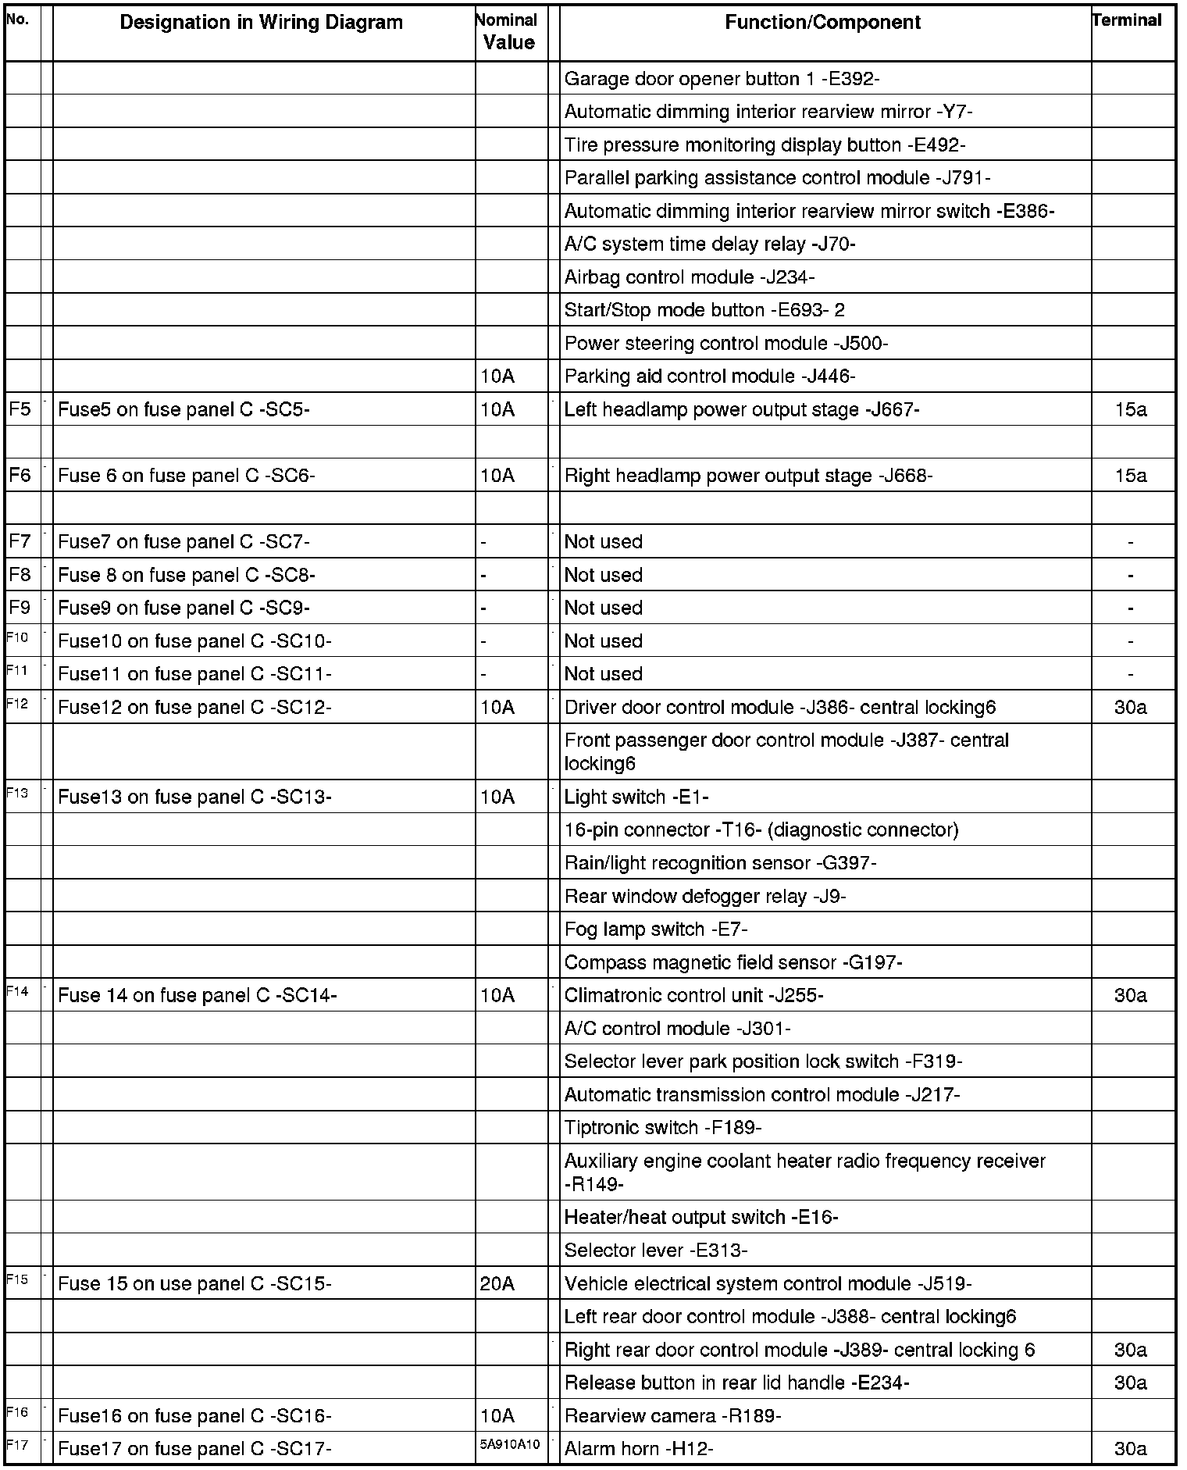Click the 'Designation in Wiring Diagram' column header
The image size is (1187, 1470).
click(x=261, y=23)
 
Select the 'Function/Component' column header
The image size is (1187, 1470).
click(x=822, y=23)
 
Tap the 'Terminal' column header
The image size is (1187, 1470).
click(x=1127, y=21)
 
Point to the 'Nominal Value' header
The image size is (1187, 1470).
click(x=508, y=32)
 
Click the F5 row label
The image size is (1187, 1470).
click(x=20, y=409)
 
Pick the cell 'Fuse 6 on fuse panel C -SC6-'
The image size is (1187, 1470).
click(x=186, y=476)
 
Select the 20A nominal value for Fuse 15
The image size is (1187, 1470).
click(x=497, y=1284)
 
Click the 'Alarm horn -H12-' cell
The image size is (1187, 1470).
click(x=638, y=1449)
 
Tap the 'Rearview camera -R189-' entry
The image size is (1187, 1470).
click(x=672, y=1416)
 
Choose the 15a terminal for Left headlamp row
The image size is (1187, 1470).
click(x=1130, y=409)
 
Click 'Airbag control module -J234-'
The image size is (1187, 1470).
click(x=689, y=277)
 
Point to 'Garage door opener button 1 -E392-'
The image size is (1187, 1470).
click(x=722, y=79)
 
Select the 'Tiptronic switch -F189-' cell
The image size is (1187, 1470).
click(x=662, y=1128)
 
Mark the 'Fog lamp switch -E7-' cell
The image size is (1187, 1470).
click(x=656, y=929)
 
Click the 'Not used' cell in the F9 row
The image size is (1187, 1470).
click(x=603, y=608)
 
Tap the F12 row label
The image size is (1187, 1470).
click(x=17, y=705)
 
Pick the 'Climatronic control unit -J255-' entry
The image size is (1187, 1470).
click(x=693, y=996)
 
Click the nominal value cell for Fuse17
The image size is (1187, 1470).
click(x=509, y=1445)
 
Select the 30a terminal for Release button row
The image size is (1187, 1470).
click(x=1130, y=1383)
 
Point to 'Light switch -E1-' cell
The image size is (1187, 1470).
click(x=636, y=797)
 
